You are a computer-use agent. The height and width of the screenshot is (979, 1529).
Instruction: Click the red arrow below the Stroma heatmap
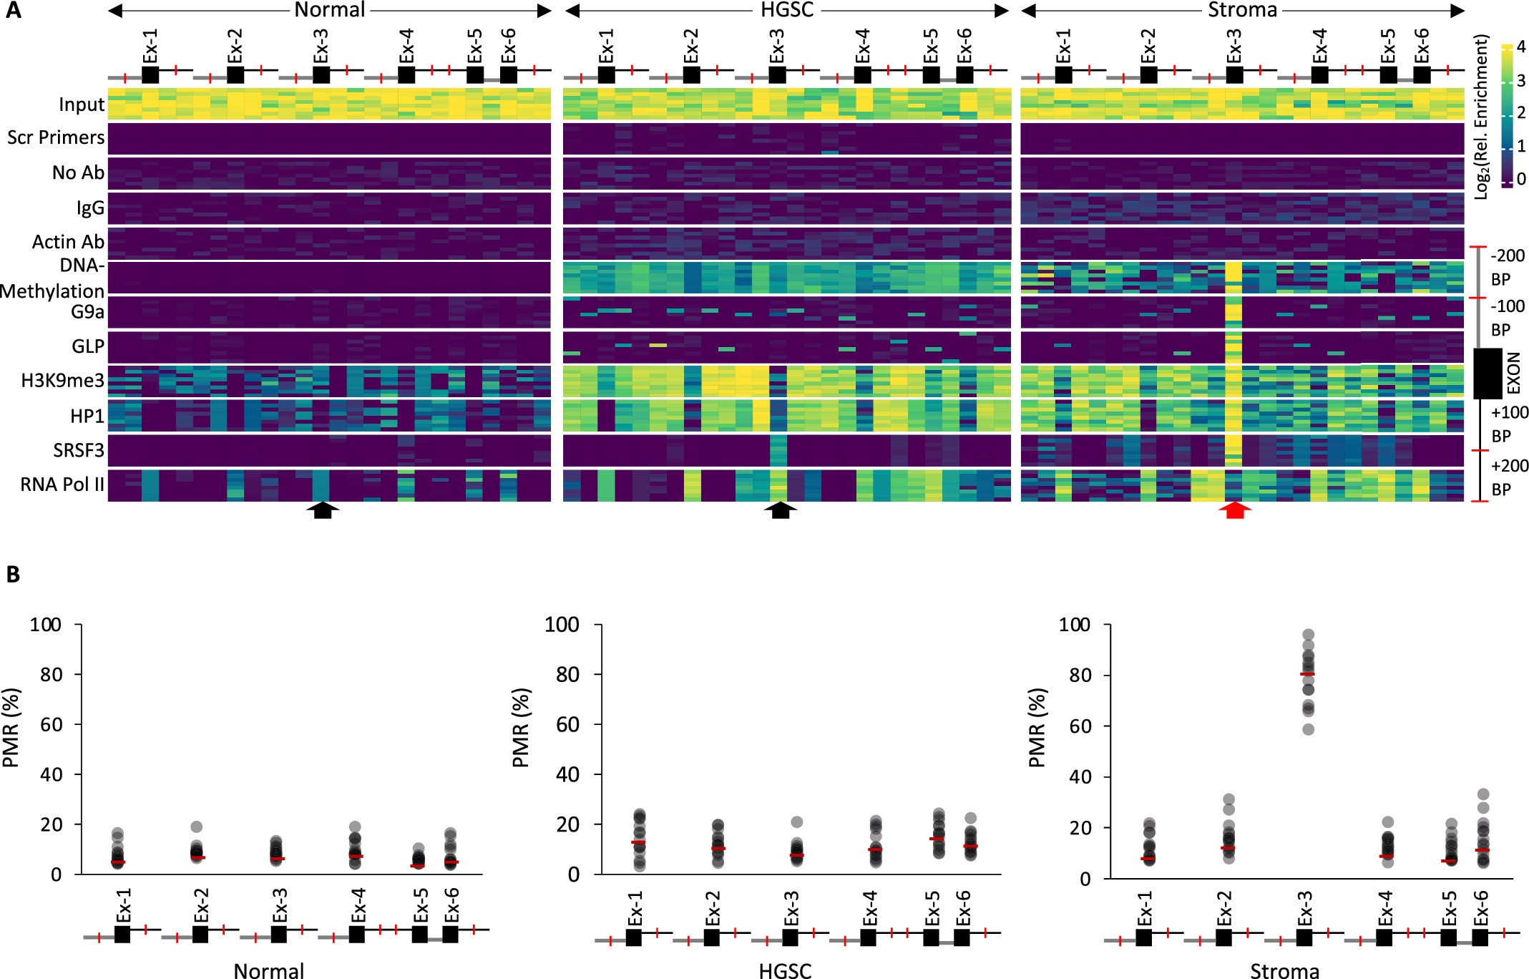point(1235,510)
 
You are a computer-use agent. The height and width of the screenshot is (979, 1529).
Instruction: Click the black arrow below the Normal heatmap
point(323,510)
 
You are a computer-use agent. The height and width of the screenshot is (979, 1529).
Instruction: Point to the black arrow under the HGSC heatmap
point(780,510)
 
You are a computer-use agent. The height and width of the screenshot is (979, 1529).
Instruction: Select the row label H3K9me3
point(62,381)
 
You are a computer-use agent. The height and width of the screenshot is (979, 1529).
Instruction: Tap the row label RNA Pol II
point(62,484)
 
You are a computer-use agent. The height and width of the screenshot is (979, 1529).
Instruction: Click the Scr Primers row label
point(56,137)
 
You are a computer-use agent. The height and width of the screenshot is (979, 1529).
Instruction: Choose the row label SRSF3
point(79,450)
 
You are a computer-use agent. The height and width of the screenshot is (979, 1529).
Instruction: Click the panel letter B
point(13,575)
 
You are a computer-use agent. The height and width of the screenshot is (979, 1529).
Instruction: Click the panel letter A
point(13,11)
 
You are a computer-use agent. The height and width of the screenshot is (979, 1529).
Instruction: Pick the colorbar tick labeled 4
point(1521,47)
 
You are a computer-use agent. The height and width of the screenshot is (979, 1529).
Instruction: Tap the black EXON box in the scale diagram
point(1487,373)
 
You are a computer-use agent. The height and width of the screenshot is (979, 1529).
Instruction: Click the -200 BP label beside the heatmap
point(1507,267)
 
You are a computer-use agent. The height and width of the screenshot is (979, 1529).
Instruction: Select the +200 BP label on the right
point(1509,477)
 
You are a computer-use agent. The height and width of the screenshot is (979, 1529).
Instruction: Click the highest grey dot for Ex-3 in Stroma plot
point(1308,635)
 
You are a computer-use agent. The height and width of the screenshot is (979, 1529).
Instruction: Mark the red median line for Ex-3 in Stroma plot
point(1307,674)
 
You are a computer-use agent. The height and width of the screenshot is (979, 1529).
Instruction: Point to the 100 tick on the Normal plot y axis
point(45,625)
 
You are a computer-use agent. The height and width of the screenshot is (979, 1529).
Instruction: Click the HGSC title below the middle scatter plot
point(785,970)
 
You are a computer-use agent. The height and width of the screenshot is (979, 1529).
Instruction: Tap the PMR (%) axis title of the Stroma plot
point(1037,728)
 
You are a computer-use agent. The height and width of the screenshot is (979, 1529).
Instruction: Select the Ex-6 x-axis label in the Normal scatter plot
point(451,906)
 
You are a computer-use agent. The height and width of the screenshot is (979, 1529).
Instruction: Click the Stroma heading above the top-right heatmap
point(1242,10)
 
